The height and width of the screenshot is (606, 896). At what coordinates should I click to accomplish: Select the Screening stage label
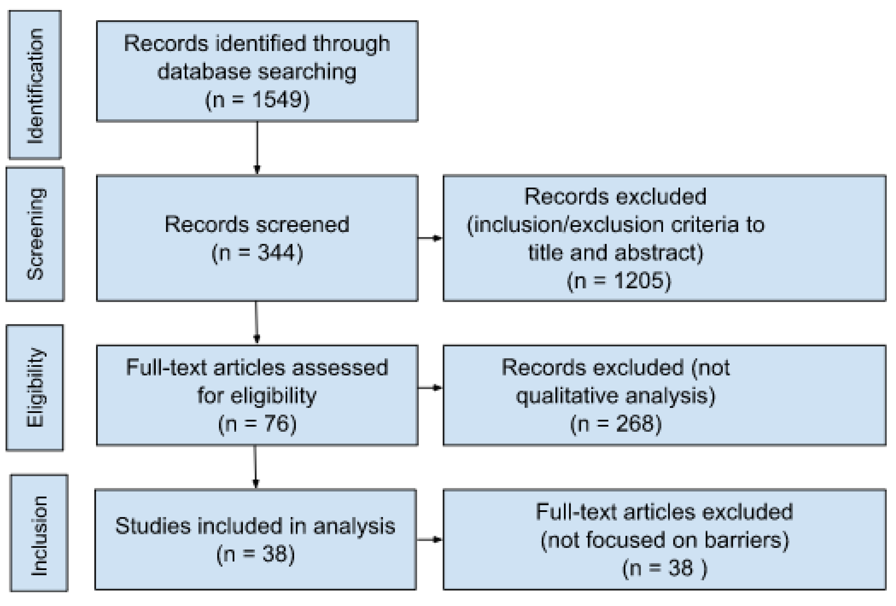tap(35, 234)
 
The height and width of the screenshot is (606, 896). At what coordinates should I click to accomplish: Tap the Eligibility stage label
tap(35, 388)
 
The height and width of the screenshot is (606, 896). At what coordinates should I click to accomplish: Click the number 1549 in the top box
tap(276, 100)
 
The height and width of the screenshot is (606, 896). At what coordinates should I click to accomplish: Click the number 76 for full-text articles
tap(276, 423)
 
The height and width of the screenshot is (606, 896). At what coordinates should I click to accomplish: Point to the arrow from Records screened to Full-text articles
tap(256, 323)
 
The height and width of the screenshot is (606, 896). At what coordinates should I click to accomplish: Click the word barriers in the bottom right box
tap(746, 540)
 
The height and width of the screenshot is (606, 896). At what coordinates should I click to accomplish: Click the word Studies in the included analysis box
tap(153, 526)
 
